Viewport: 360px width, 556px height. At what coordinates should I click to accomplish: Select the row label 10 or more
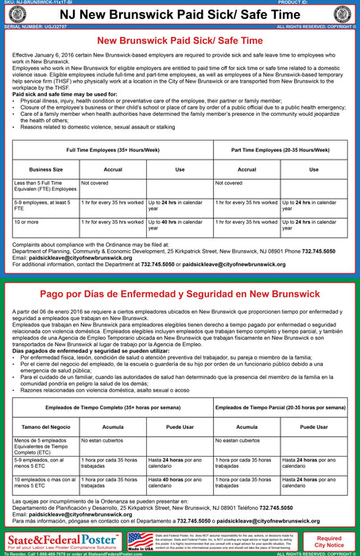[28, 222]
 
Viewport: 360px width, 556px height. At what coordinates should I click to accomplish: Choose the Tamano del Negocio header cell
[46, 426]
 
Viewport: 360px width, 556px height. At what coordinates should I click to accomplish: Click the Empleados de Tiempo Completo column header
[111, 407]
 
